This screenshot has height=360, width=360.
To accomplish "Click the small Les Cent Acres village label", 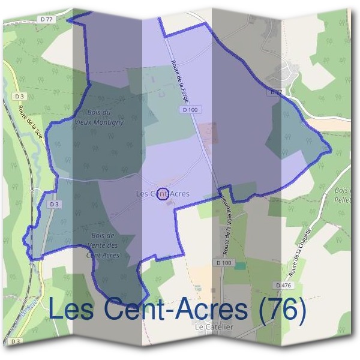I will point(163,193).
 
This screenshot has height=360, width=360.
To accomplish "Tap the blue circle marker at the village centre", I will point(161,194).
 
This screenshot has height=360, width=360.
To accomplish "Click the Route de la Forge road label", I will point(181,82).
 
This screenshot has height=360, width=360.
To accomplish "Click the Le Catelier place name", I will point(214,327).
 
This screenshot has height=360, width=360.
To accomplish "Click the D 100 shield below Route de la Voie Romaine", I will point(223,263).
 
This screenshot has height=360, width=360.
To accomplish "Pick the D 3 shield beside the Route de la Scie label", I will point(19,96).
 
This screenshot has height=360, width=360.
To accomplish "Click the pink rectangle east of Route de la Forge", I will point(208,133).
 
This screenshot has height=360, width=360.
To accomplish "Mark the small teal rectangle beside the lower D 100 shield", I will point(240,265).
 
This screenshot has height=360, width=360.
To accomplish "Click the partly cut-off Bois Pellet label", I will point(343,193).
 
